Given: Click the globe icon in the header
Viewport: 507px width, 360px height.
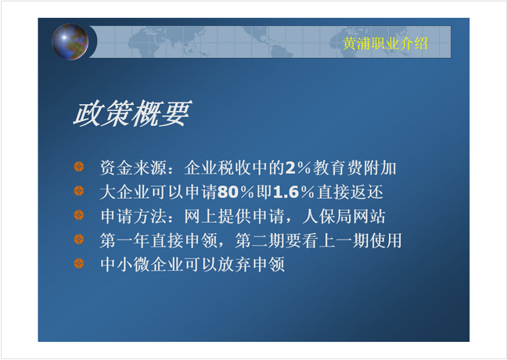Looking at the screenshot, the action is click(70, 41).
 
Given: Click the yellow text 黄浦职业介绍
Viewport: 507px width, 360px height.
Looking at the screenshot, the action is click(385, 43).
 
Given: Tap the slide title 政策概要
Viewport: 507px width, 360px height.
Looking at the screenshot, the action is click(132, 113).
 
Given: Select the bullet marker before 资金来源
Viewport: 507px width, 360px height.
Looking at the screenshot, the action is click(79, 166).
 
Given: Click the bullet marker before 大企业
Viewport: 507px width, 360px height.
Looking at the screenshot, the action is click(79, 190).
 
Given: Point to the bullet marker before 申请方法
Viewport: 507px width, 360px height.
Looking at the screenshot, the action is click(79, 214).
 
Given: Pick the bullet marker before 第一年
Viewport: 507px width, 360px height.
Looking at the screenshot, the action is click(79, 239).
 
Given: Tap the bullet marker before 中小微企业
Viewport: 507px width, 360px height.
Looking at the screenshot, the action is click(79, 263).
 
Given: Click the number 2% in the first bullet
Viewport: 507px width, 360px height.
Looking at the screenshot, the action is click(298, 168).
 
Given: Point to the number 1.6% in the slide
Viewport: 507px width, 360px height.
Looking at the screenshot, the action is click(293, 192).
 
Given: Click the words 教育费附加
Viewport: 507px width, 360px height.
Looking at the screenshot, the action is click(354, 168).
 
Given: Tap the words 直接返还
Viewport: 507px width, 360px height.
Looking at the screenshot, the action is click(351, 192).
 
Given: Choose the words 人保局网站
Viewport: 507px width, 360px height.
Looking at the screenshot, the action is click(344, 216).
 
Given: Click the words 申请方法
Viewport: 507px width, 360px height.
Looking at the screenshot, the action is click(134, 216).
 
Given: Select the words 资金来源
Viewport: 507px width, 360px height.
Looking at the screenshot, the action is click(134, 168).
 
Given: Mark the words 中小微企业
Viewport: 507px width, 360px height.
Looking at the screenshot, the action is click(142, 265).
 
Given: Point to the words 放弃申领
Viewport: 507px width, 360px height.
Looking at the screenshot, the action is click(251, 265).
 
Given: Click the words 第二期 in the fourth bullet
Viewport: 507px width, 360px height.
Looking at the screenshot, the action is click(260, 240).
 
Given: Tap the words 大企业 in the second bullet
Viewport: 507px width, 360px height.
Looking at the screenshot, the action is click(125, 192).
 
